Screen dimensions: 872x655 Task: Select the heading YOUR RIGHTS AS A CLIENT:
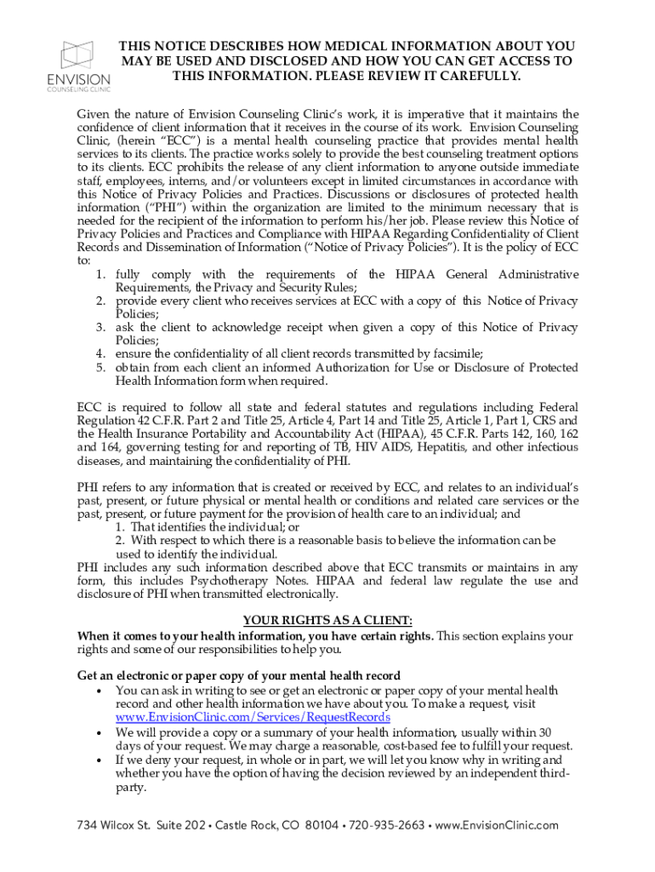327,620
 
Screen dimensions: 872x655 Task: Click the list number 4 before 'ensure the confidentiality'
100,353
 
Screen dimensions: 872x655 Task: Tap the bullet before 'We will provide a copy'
100,732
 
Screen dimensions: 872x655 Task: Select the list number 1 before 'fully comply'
100,274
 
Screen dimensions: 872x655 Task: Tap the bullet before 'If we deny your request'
100,760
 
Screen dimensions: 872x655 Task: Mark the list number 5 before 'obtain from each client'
100,367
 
